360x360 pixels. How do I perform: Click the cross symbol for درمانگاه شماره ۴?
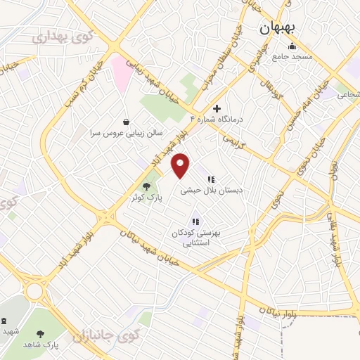[x=217, y=109]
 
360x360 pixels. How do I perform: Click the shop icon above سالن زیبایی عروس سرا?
[x=126, y=121]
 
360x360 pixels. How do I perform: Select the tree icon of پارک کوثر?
[x=146, y=186]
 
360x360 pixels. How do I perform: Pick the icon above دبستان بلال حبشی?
[x=210, y=179]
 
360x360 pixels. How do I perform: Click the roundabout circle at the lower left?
[x=33, y=290]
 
